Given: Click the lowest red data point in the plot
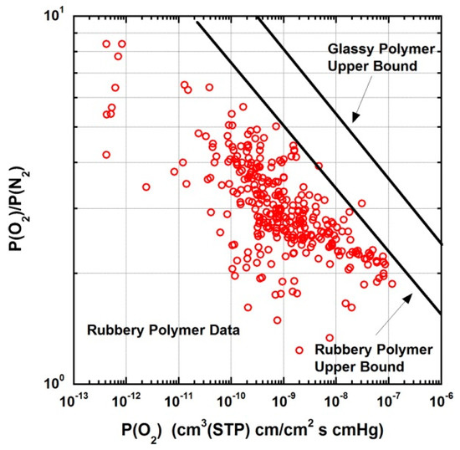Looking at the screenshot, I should coord(330,337).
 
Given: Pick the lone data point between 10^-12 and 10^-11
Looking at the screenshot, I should coord(146,187).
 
